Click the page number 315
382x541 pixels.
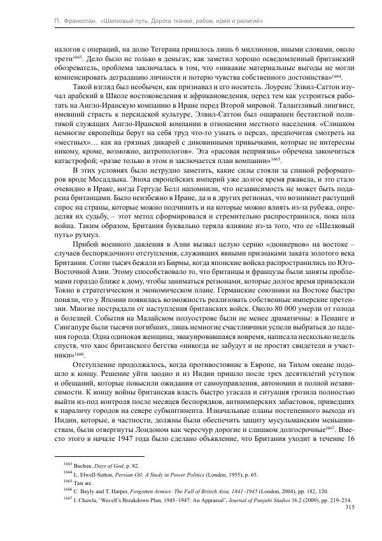coord(348,508)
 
